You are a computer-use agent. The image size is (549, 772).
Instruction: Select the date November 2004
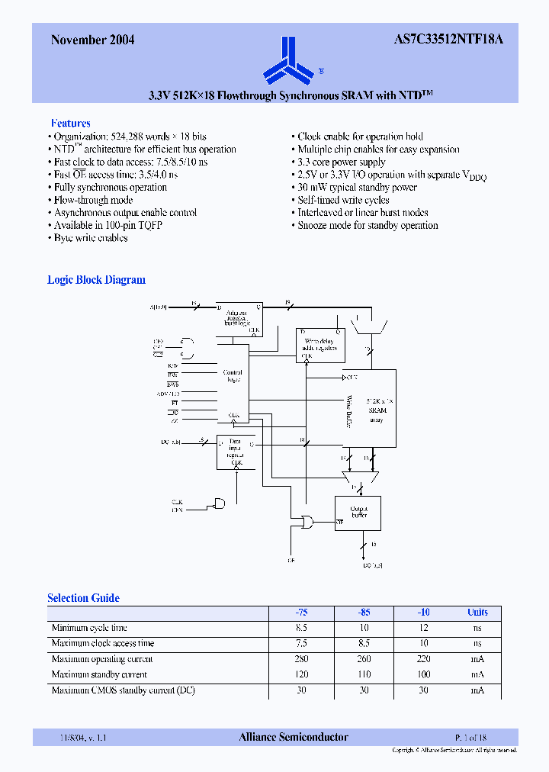tap(92, 40)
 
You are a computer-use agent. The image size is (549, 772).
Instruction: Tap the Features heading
tap(70, 123)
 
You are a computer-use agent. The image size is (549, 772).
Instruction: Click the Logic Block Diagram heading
tap(96, 280)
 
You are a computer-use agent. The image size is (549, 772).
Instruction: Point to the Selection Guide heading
tap(83, 598)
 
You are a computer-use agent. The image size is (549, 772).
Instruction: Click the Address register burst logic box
tap(238, 317)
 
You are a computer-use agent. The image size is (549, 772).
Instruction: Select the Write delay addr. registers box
tap(320, 345)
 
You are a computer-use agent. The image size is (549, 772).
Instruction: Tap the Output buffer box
tap(358, 513)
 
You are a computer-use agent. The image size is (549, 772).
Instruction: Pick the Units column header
tap(477, 613)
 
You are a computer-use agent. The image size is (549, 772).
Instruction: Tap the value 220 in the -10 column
tap(423, 659)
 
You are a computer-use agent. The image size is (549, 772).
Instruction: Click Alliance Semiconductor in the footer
tap(294, 737)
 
